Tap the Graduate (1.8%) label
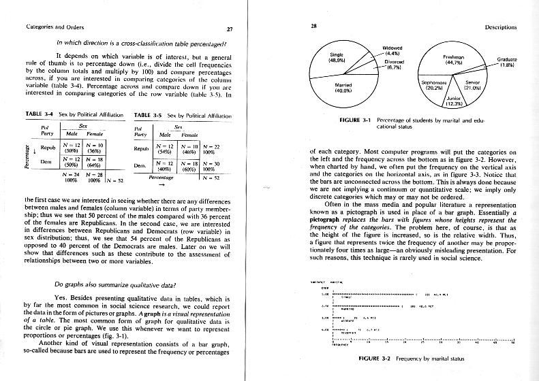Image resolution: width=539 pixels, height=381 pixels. pos(506,62)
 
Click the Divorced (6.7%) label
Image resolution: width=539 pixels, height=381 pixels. pos(395,64)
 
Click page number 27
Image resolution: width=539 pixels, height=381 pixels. pos(230,28)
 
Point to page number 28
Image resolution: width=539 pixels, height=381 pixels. pos(313,27)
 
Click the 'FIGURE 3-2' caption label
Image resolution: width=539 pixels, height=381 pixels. pos(375,358)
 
